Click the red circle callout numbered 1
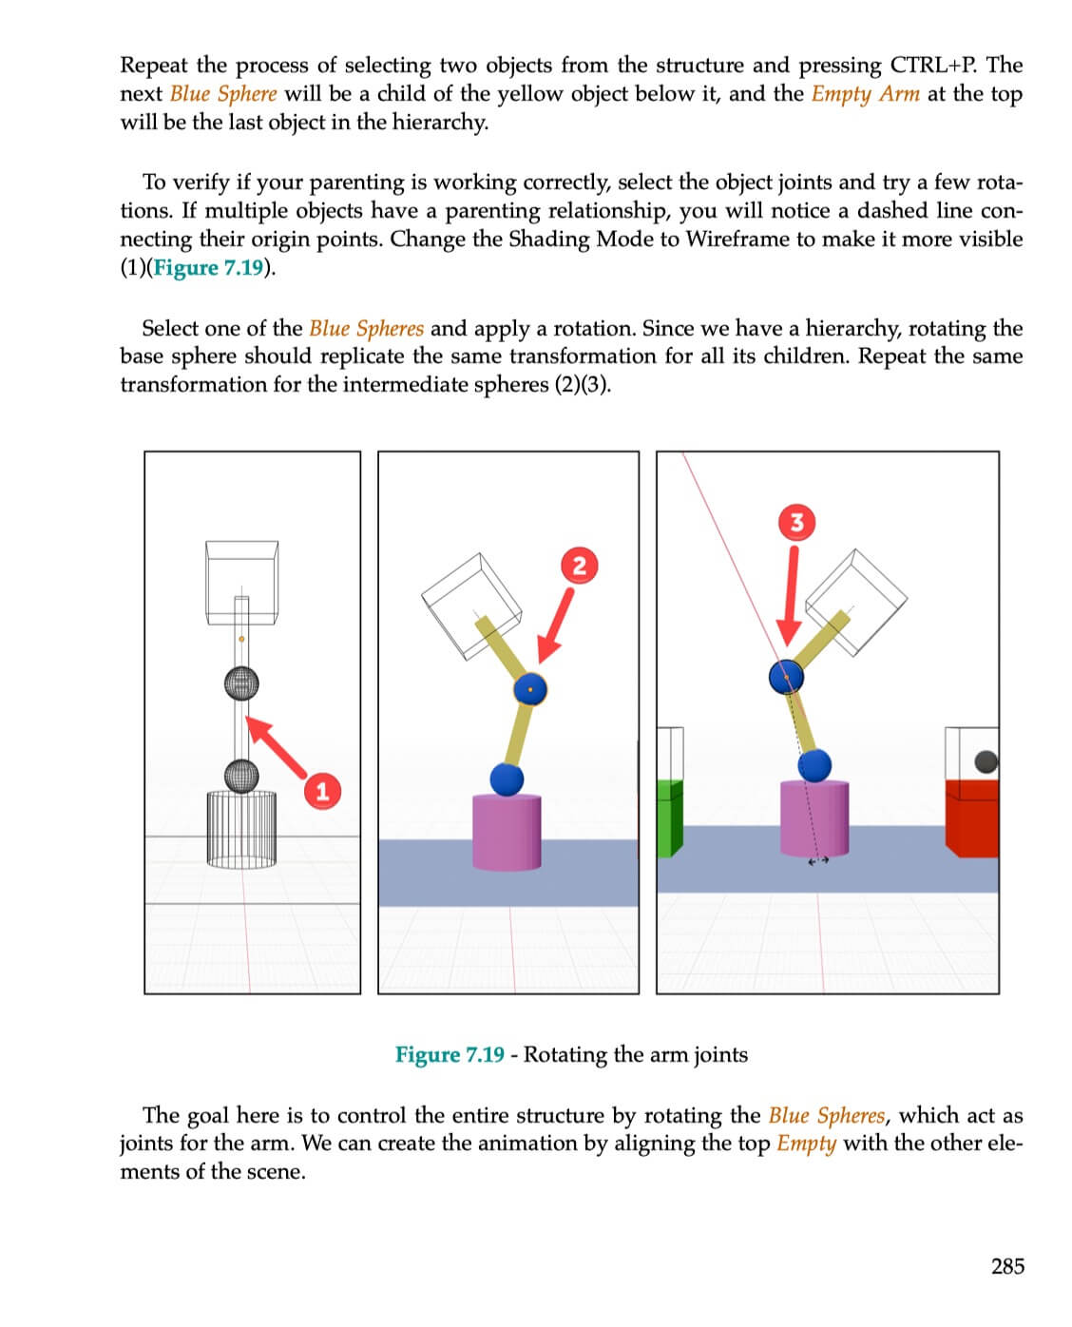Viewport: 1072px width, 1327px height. pyautogui.click(x=322, y=791)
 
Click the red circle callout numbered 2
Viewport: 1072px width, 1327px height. pyautogui.click(x=579, y=566)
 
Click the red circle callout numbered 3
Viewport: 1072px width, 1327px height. pyautogui.click(x=796, y=522)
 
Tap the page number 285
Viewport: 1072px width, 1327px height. pyautogui.click(x=1007, y=1266)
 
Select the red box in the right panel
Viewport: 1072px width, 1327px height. pyautogui.click(x=971, y=817)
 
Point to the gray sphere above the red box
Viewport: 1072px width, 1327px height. pyautogui.click(x=986, y=761)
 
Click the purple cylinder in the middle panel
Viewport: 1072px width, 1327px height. pyautogui.click(x=507, y=832)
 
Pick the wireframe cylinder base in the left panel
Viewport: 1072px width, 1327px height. pyautogui.click(x=241, y=827)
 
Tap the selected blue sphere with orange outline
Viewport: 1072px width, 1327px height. pyautogui.click(x=530, y=688)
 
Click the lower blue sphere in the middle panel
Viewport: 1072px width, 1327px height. pyautogui.click(x=507, y=779)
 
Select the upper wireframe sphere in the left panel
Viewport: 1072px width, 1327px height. pyautogui.click(x=241, y=682)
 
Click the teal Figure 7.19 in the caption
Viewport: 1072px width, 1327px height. pyautogui.click(x=450, y=1055)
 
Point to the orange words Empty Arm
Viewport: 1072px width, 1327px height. pyautogui.click(x=865, y=94)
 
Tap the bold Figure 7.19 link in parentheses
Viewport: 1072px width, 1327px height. pyautogui.click(x=208, y=267)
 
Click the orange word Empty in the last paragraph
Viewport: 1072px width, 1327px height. pyautogui.click(x=806, y=1143)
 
